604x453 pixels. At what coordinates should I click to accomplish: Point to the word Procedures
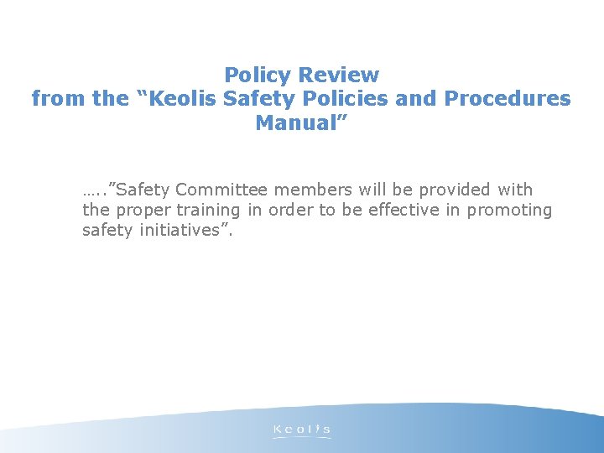508,99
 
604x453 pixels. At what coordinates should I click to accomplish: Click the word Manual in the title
299,123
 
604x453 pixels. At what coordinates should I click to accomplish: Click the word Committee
220,190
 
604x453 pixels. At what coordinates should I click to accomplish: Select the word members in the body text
306,190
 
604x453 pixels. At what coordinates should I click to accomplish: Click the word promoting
509,211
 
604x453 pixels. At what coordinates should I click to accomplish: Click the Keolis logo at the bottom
302,430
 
